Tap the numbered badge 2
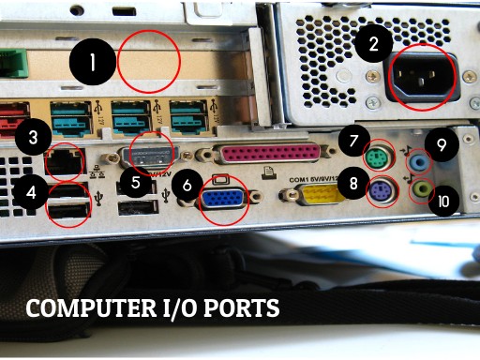point(374,43)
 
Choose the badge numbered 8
point(353,184)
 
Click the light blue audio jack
point(421,161)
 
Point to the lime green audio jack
point(423,188)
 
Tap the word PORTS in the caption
point(242,309)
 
